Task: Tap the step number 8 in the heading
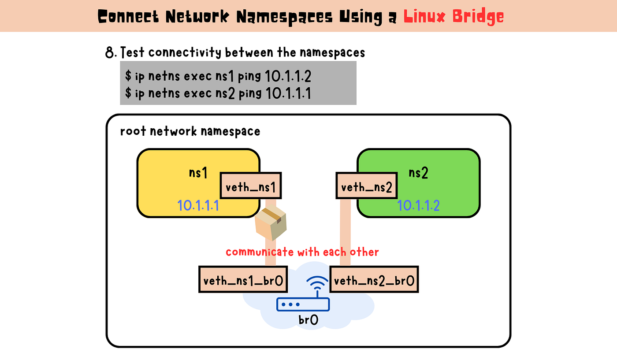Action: (109, 52)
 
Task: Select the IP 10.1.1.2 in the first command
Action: (288, 76)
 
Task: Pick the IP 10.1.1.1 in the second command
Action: (288, 93)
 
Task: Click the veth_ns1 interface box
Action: (251, 186)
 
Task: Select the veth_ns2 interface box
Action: (367, 186)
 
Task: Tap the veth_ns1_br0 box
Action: (243, 279)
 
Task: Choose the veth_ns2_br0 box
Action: (374, 279)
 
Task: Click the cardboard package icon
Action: (271, 223)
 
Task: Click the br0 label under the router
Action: (308, 320)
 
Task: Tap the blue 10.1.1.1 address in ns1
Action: (198, 205)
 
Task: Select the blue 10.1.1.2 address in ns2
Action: (418, 205)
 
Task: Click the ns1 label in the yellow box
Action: (198, 173)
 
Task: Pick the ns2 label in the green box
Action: (418, 173)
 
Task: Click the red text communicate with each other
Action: (302, 252)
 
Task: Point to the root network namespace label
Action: (190, 131)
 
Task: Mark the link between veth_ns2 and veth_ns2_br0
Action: (345, 232)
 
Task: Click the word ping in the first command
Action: (249, 76)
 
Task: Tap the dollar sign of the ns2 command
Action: (128, 93)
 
